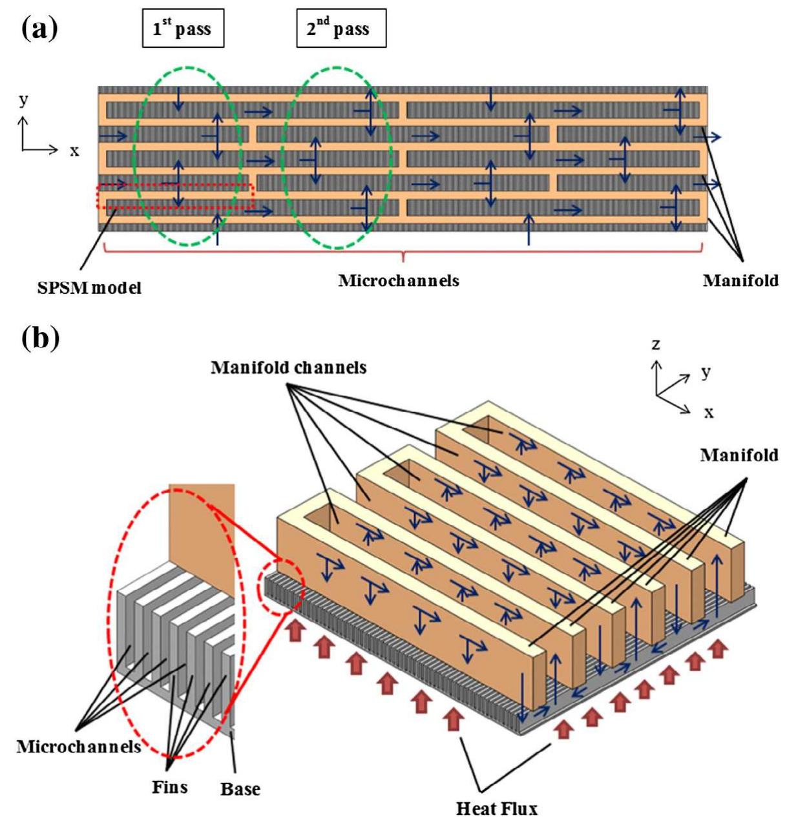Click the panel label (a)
[x=39, y=28]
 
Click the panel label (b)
[x=39, y=337]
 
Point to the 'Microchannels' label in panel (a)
[x=399, y=280]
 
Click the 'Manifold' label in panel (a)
[x=740, y=280]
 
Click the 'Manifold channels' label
[x=288, y=368]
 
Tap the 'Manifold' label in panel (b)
[x=739, y=455]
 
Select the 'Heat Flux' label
[x=496, y=807]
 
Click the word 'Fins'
[x=170, y=786]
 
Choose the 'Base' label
[x=240, y=789]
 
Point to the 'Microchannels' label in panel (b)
[x=79, y=746]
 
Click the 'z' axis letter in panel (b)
[x=656, y=344]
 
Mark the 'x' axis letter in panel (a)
[x=74, y=151]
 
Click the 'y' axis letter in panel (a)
[x=24, y=99]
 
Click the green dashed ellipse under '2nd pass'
[x=336, y=157]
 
